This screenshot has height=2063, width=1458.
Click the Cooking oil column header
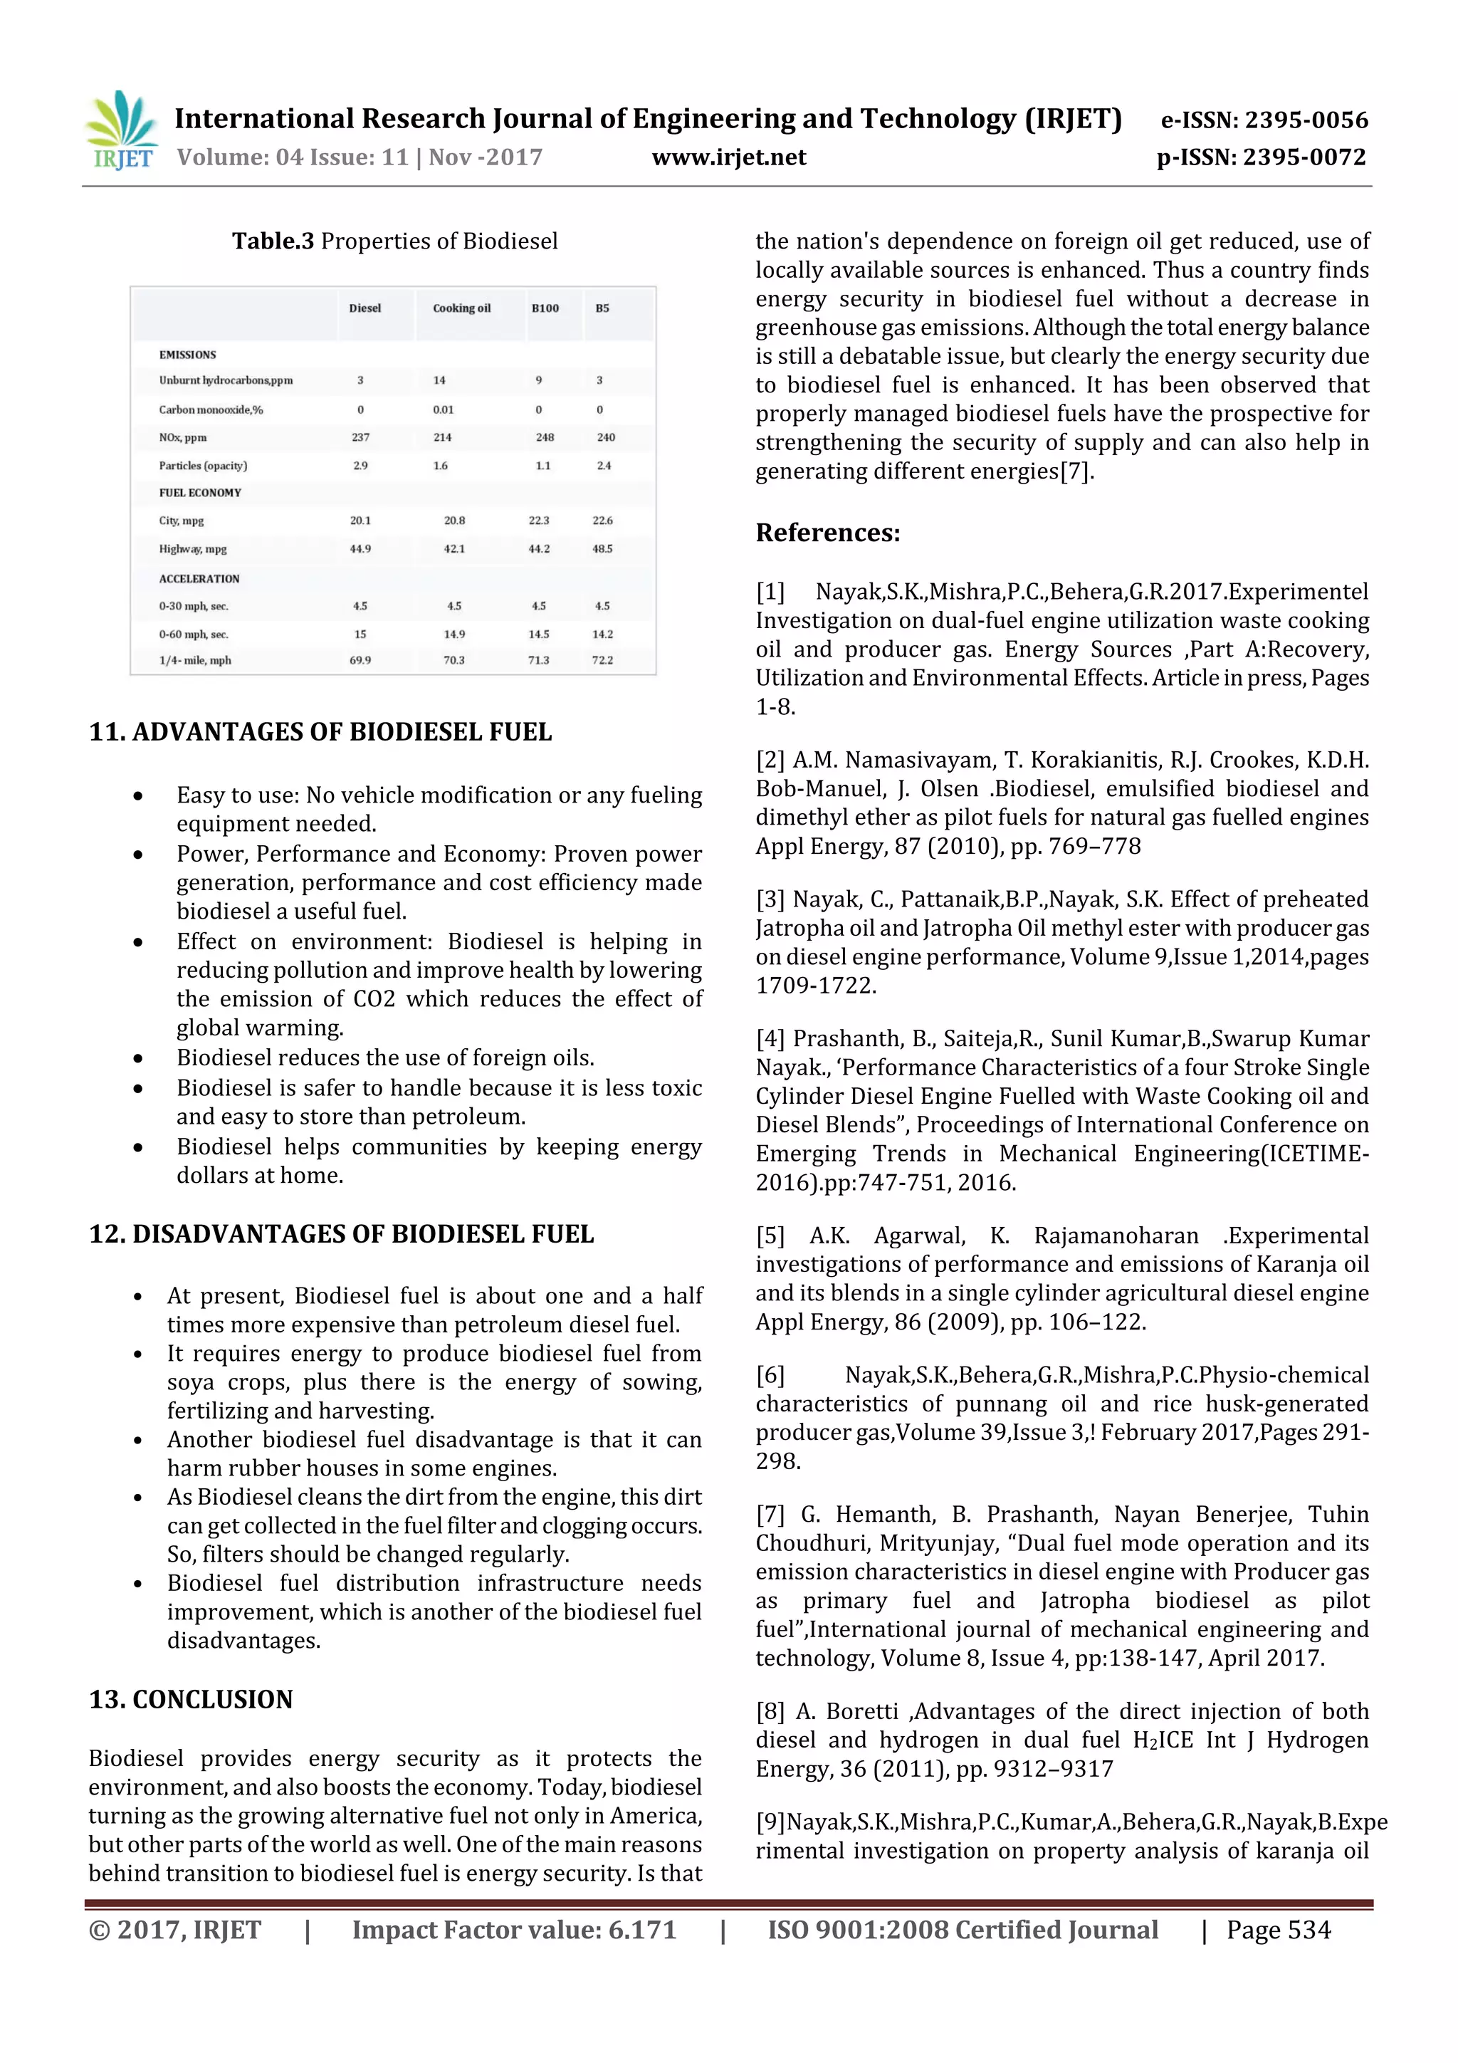[462, 308]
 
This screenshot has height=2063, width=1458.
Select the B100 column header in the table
[545, 308]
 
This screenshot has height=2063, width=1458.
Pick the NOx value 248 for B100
[545, 437]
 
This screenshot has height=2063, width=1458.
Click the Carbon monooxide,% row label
[211, 409]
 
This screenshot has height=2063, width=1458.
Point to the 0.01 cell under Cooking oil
[443, 409]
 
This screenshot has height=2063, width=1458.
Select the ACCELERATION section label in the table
[199, 579]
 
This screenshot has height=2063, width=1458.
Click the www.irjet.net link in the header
[728, 158]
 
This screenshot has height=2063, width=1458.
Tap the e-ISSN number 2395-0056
[1306, 120]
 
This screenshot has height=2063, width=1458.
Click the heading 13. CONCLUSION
[191, 1699]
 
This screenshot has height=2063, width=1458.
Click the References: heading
[827, 533]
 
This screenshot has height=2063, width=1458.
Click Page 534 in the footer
[1279, 1930]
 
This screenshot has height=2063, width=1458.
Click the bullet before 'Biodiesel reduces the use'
[137, 1058]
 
